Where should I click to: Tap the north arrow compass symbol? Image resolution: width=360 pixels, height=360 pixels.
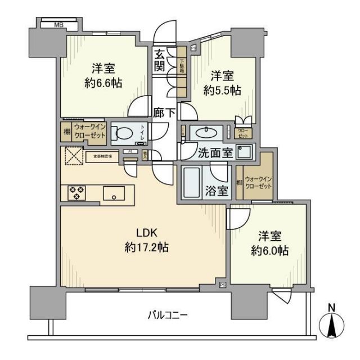point(332,323)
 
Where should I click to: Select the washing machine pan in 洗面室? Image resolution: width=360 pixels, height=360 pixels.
point(245,152)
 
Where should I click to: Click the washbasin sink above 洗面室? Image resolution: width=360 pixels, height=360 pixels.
point(206,133)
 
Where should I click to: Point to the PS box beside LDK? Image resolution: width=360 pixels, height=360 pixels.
point(222,285)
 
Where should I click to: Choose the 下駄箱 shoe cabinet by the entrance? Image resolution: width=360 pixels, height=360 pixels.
point(182,71)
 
